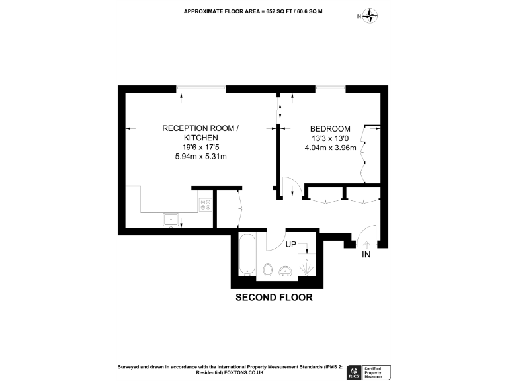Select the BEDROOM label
pos(331,128)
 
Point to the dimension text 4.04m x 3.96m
pos(330,148)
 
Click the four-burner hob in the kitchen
pos(205,204)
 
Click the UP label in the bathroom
pos(291,244)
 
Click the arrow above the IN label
pos(366,243)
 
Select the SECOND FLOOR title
pos(274,298)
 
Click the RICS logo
pos(355,372)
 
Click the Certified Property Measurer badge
pos(378,372)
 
